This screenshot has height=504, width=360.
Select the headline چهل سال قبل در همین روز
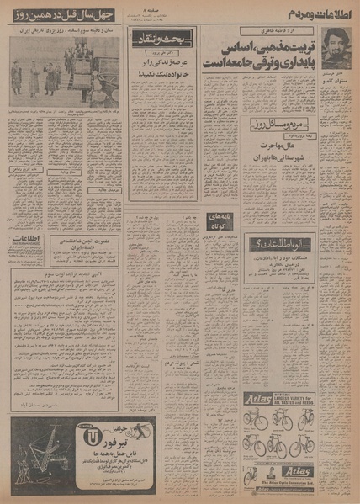(62, 14)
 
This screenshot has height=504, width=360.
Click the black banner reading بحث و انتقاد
(161, 37)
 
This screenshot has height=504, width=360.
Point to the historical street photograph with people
(64, 72)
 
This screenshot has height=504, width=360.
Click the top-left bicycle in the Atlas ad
(258, 418)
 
